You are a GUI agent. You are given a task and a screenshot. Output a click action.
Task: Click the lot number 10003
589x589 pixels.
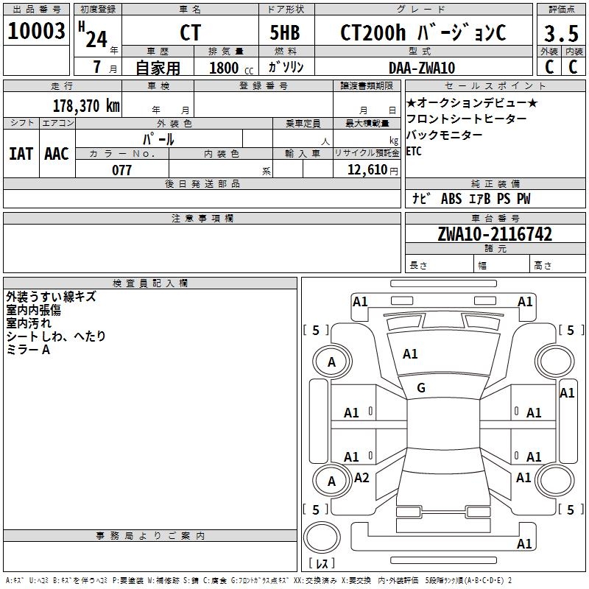click(x=37, y=32)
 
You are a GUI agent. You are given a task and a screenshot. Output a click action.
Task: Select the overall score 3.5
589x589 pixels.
click(x=561, y=34)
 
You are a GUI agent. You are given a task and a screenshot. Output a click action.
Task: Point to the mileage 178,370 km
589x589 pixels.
click(x=87, y=106)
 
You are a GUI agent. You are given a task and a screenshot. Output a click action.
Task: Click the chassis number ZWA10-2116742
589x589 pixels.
click(x=495, y=234)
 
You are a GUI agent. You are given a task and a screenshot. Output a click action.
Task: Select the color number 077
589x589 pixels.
click(x=121, y=170)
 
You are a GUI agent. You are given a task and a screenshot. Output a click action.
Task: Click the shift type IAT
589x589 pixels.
click(x=21, y=153)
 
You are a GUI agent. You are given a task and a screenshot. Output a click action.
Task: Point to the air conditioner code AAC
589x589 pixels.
click(x=57, y=153)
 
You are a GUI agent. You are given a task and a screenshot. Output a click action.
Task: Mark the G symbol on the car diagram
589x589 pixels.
click(x=421, y=388)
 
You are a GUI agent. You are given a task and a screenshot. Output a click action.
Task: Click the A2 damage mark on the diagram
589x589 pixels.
click(x=361, y=478)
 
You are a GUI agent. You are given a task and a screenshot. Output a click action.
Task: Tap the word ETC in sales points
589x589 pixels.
click(x=415, y=152)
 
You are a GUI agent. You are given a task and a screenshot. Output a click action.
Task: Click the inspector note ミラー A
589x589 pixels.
click(x=28, y=350)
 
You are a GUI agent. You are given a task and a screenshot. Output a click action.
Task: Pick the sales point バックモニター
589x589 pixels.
click(x=445, y=135)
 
